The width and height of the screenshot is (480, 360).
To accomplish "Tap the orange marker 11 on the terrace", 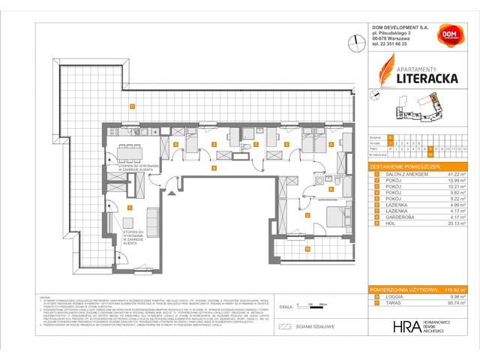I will click(131, 105).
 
